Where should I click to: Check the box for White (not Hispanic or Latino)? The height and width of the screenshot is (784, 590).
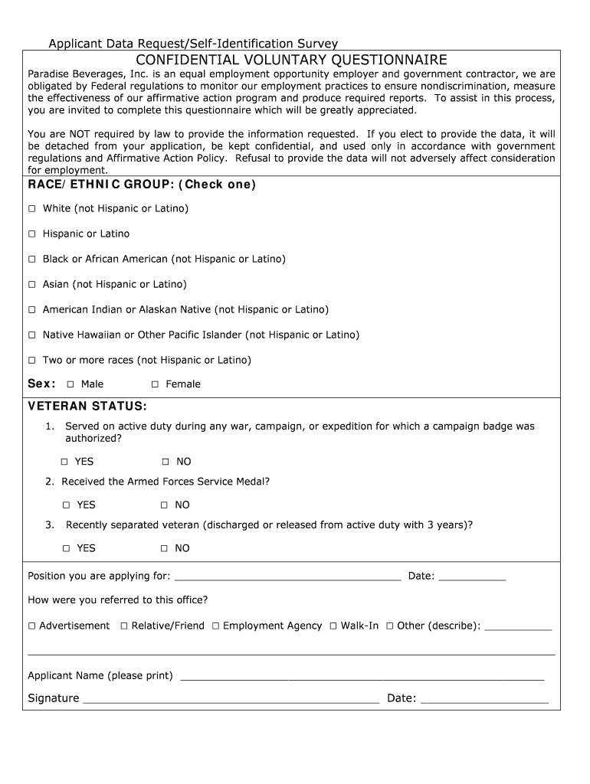32,209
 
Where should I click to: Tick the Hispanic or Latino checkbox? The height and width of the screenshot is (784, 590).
32,234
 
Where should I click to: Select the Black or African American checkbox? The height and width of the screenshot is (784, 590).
32,260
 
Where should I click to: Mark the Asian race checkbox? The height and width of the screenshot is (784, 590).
32,285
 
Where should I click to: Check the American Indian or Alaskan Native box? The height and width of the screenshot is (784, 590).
32,310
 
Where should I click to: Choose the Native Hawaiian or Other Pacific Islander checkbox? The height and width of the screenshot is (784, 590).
32,335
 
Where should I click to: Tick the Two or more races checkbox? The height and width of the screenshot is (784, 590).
32,361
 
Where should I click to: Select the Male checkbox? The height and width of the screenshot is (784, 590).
70,384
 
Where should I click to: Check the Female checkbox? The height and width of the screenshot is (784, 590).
155,384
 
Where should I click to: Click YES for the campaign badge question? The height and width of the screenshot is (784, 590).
65,462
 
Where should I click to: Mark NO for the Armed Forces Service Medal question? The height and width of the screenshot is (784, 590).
164,505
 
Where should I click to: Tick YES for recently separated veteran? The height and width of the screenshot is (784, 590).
67,549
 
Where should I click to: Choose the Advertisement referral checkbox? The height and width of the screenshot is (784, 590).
32,626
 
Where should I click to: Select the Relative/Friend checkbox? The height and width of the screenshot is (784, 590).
124,626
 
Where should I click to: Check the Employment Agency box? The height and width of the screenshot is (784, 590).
216,626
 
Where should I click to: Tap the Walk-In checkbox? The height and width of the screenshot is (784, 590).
333,626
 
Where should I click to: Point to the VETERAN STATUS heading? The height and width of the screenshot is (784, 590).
87,406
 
